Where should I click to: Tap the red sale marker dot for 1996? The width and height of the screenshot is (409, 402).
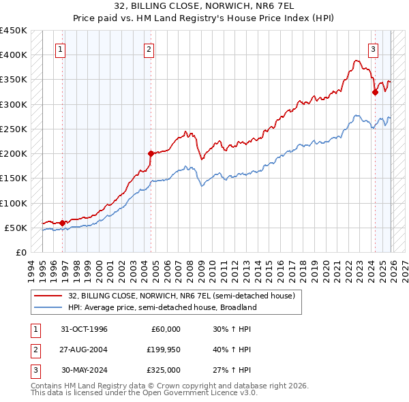tap(62, 222)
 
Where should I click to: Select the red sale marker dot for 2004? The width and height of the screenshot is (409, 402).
tap(151, 153)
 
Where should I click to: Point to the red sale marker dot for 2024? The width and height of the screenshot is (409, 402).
tap(375, 92)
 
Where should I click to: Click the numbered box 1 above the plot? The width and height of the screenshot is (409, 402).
tap(61, 48)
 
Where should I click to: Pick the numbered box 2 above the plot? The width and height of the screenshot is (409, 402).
tap(149, 48)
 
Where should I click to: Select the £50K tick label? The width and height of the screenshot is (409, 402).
tap(16, 228)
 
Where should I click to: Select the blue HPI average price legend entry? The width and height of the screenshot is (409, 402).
tap(162, 307)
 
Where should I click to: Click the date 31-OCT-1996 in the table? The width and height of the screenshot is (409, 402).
tap(85, 328)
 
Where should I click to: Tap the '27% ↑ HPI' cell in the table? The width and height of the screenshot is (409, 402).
tap(232, 371)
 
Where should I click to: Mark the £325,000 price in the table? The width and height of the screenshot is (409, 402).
tap(164, 371)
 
